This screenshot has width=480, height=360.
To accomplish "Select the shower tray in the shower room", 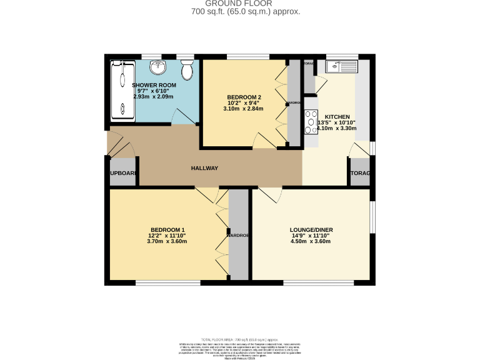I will pos(119,91).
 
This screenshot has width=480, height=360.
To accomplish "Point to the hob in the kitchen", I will pos(311,121).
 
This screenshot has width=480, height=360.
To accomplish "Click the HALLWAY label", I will pos(204,168).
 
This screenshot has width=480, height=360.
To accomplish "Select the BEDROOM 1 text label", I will pos(167,229).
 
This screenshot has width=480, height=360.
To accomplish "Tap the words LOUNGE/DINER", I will pos(311,229).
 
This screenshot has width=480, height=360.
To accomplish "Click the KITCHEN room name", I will pos(337,117).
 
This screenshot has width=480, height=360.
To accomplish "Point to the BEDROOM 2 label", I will pos(243,97).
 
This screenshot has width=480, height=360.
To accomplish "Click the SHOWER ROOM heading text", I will pos(153,85).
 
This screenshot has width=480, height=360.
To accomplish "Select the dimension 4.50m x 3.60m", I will pos(311,241).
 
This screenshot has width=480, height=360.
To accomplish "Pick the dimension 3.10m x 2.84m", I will pos(243,109).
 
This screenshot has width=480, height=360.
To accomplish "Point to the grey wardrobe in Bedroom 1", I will pos(239,234).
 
